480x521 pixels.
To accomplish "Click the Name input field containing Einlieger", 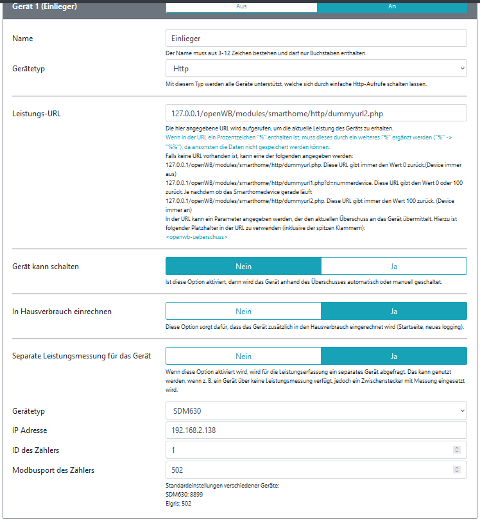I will pos(316,39).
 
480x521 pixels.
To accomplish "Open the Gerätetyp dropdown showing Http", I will pos(316,68).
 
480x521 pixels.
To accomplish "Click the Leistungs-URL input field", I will pos(316,113).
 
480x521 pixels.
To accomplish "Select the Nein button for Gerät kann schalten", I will pos(243,266).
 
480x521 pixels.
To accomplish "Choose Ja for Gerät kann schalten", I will pos(393,266).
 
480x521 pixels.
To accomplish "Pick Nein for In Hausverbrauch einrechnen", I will pos(243,311).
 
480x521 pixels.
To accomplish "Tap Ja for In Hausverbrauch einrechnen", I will pos(393,311).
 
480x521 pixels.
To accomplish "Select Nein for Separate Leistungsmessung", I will pos(243,356).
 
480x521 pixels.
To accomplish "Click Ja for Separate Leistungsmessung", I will pos(393,356).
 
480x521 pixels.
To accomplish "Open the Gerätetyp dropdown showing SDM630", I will pos(316,411).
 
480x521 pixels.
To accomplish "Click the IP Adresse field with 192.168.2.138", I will pos(316,430).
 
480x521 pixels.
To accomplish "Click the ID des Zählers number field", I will pos(308,450).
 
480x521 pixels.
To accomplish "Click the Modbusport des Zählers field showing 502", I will pos(308,470).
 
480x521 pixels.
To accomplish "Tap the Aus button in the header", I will pos(241,6).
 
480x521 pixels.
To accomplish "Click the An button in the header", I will pos(392,6).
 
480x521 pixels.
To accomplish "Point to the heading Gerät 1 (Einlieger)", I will pos(44,7).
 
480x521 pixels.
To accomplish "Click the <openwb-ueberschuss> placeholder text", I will pos(196,237).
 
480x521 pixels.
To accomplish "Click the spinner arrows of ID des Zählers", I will pos(456,450).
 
